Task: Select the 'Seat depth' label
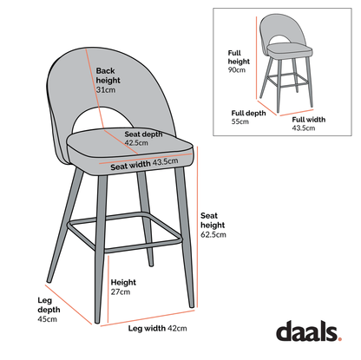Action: tap(143, 134)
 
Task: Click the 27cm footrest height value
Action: tap(120, 291)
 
